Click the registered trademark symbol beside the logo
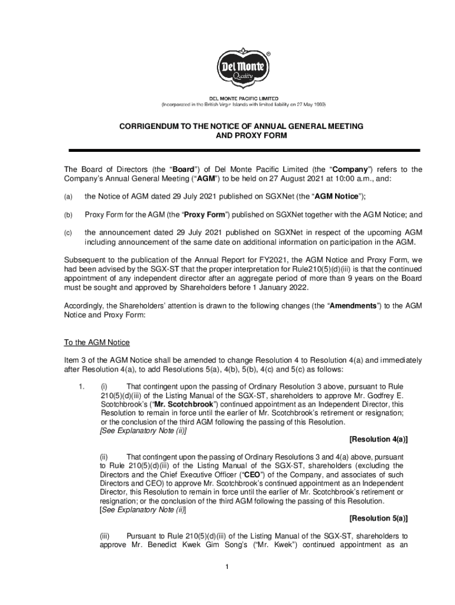tap(268, 53)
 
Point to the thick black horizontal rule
tap(245, 151)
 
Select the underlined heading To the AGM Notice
tap(96, 343)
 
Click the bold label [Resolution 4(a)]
tap(378, 440)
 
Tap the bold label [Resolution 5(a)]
tap(378, 519)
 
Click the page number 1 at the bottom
tap(226, 568)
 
